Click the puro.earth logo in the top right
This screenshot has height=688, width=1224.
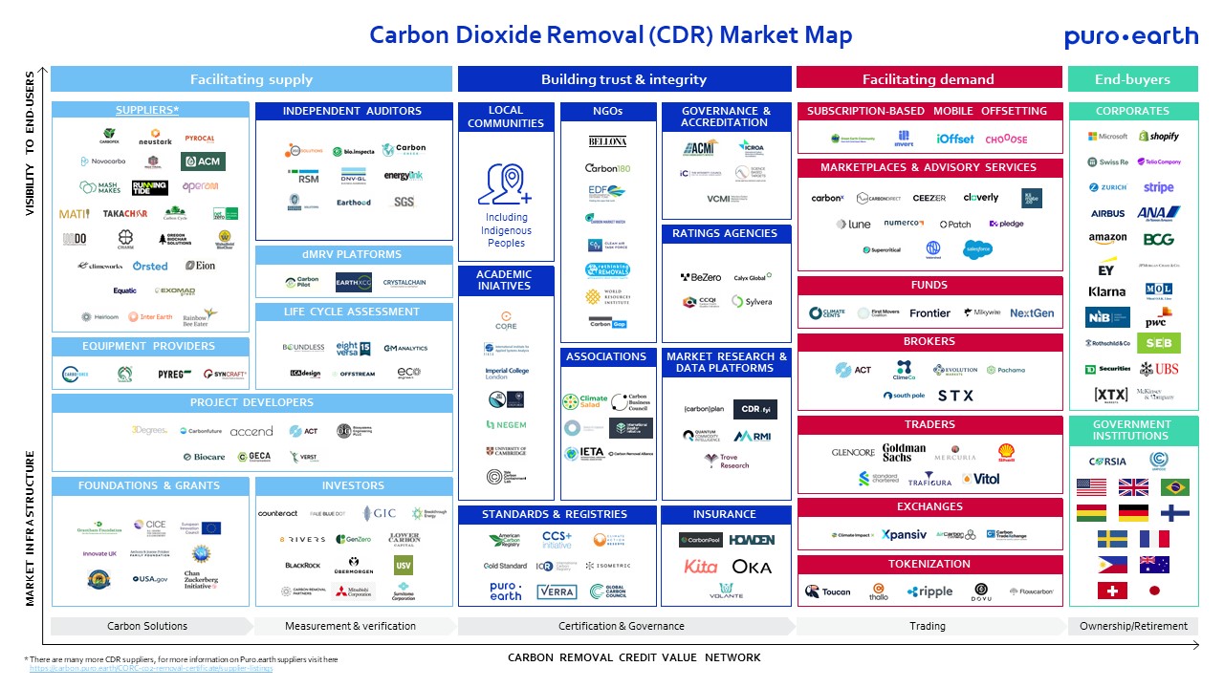coord(1130,36)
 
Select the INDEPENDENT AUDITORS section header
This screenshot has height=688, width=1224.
coord(352,111)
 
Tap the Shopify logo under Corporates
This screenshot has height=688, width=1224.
coord(1158,137)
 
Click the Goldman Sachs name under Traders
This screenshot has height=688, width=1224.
coord(904,452)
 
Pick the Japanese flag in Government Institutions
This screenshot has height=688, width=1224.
coord(1153,591)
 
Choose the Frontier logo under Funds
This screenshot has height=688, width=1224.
coord(929,312)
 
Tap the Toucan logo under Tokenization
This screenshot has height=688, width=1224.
coord(827,591)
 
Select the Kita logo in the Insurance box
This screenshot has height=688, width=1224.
coord(700,567)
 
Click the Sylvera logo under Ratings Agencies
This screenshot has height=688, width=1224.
coord(752,301)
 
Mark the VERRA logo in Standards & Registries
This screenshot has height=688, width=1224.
coord(557,592)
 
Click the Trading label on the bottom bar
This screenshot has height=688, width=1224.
coord(927,626)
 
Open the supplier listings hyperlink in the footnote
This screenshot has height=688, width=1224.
coord(151,668)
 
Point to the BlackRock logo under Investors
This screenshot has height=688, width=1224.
coord(302,566)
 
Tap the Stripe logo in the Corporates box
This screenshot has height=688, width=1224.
coord(1158,187)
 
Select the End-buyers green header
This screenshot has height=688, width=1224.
coord(1132,79)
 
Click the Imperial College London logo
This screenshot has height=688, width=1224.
coord(506,374)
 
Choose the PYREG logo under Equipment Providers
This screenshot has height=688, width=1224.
coord(176,375)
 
